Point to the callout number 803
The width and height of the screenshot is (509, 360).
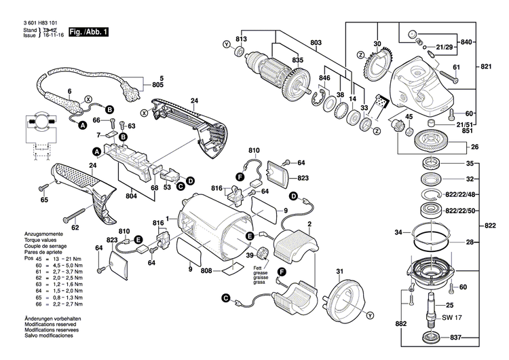pyautogui.click(x=316, y=43)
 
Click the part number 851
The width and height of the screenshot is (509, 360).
pyautogui.click(x=468, y=131)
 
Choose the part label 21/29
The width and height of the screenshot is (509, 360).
pyautogui.click(x=445, y=47)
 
